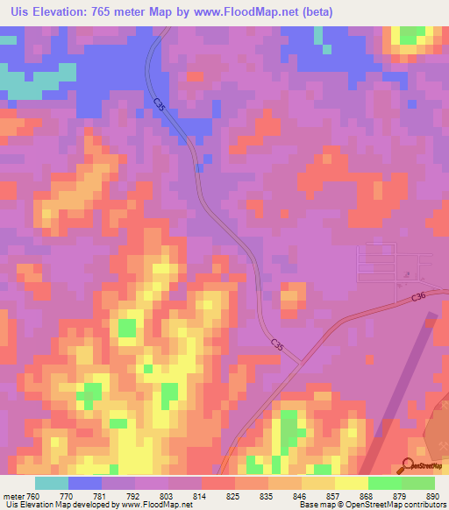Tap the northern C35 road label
[x=159, y=104]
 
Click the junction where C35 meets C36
[x=301, y=361]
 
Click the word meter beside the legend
[x=15, y=496]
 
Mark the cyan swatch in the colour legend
[x=52, y=483]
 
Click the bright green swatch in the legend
[x=384, y=483]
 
